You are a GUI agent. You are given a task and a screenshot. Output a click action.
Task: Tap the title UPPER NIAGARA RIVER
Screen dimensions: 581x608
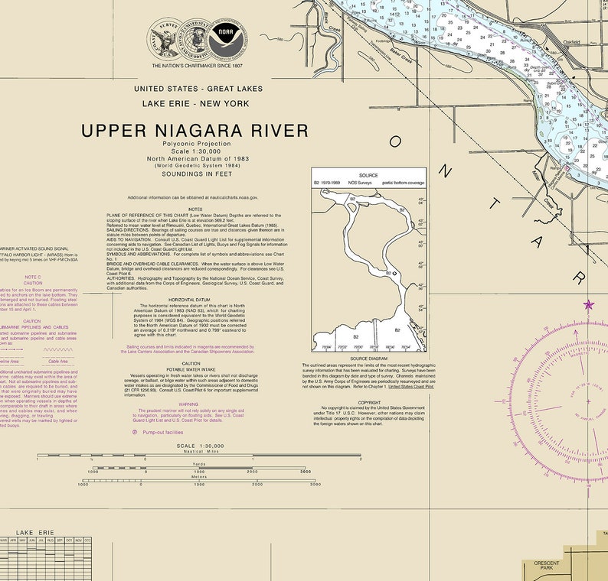tap(195, 131)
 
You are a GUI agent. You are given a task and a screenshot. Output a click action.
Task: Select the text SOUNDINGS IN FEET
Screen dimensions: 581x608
tap(195, 174)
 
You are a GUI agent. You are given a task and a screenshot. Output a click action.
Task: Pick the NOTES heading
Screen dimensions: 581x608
tap(195, 209)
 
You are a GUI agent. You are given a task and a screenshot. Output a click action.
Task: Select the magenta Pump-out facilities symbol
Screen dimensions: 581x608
tap(136, 432)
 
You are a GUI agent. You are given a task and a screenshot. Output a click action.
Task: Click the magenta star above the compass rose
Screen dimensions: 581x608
tap(589, 305)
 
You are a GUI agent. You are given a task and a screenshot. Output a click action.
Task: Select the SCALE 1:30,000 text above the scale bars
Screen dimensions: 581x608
tap(200, 446)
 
